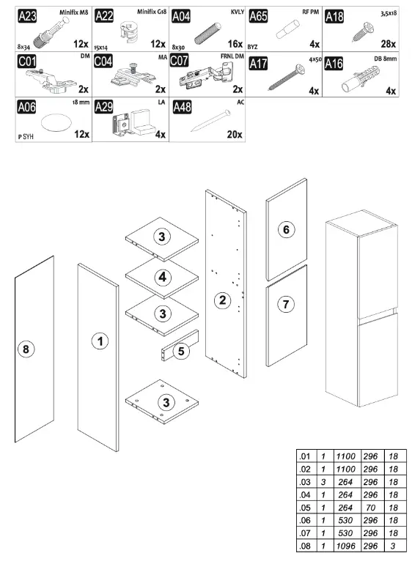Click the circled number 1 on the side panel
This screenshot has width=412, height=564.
tap(99, 341)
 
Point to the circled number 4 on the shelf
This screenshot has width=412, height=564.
tap(163, 277)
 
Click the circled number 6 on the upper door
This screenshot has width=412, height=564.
tap(286, 230)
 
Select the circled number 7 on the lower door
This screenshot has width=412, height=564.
tap(286, 303)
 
